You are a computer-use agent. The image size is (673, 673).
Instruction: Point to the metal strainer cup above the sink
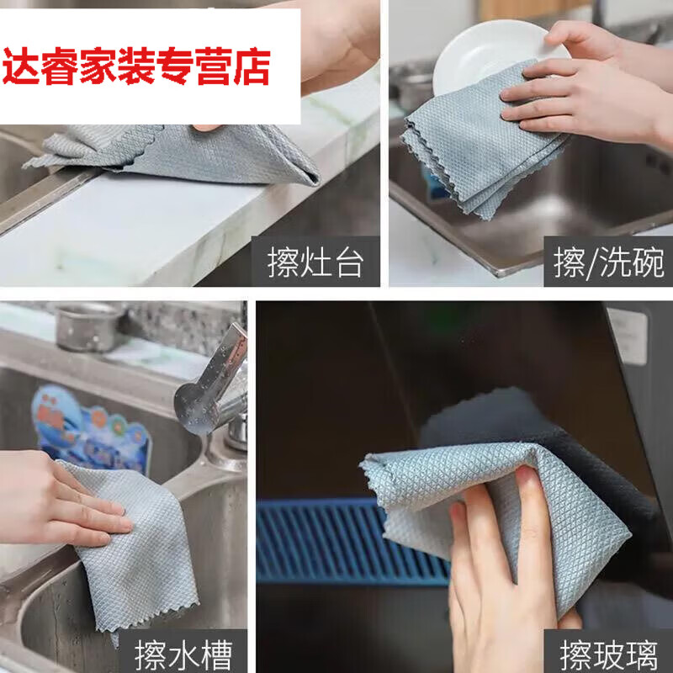coord(87,326)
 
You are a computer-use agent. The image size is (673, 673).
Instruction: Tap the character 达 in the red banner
coord(21,66)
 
